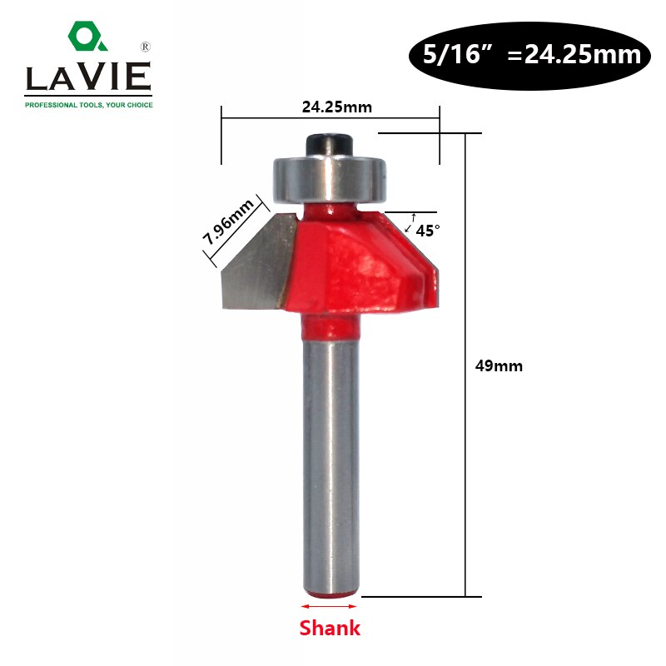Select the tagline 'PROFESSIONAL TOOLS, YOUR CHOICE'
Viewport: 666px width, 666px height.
[88, 105]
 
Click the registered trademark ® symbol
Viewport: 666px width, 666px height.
[145, 46]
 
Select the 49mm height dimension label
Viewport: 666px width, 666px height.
[500, 365]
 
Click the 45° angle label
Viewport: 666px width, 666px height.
[427, 231]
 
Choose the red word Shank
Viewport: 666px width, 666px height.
[330, 629]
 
